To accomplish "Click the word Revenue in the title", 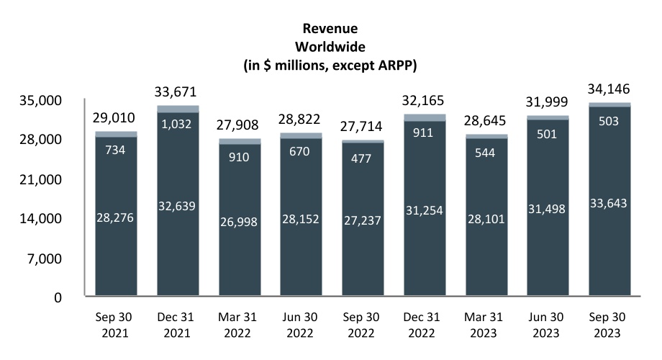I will pos(330,29).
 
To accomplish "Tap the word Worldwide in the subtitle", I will pos(330,47).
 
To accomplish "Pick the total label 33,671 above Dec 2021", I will pos(177,91).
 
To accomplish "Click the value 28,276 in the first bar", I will pos(116,215).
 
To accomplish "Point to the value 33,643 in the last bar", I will pos(609,204).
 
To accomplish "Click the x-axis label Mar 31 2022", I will pos(240,325).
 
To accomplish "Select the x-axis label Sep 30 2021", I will pos(116,325).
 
